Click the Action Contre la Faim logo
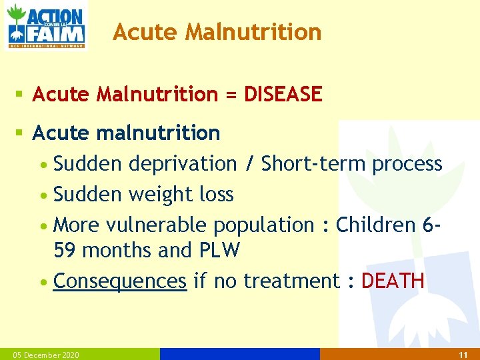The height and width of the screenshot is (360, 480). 45,25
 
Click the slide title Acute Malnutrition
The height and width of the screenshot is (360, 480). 217,31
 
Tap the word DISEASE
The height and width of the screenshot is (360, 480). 283,95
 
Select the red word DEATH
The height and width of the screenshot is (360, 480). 393,281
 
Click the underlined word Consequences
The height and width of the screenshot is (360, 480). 120,281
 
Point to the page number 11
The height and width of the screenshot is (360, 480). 463,355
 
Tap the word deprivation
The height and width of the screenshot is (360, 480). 183,164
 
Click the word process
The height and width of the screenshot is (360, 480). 407,164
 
